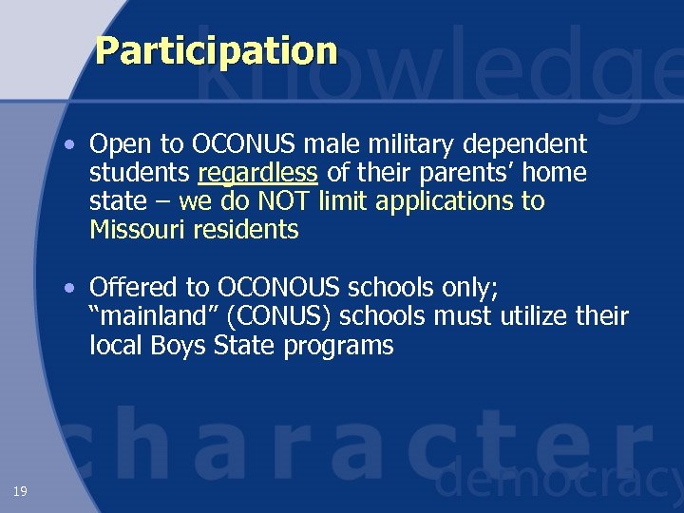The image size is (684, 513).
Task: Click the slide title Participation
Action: click(x=216, y=50)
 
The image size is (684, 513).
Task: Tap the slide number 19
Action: click(x=20, y=490)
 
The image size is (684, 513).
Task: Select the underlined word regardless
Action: click(x=258, y=174)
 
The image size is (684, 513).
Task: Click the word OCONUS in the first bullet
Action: click(x=242, y=144)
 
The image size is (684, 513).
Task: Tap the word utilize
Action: click(x=532, y=316)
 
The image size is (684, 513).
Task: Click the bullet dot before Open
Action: click(x=71, y=145)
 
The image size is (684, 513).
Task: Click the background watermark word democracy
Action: click(x=560, y=483)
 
